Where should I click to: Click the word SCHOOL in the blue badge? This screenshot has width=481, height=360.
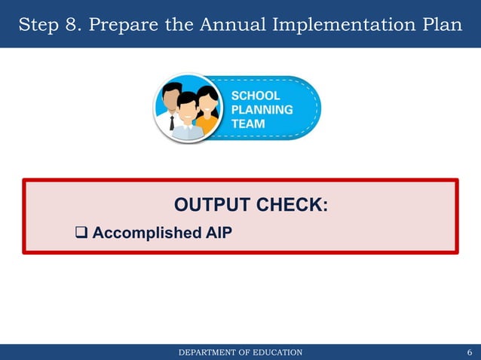[256, 96]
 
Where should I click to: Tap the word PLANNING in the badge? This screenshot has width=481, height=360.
[262, 110]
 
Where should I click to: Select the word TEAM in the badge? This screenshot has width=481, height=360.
[248, 124]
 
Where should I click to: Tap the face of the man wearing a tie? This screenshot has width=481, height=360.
[171, 99]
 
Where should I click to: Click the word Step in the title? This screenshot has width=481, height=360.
[41, 24]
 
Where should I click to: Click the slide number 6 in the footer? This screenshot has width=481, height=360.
[470, 352]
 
